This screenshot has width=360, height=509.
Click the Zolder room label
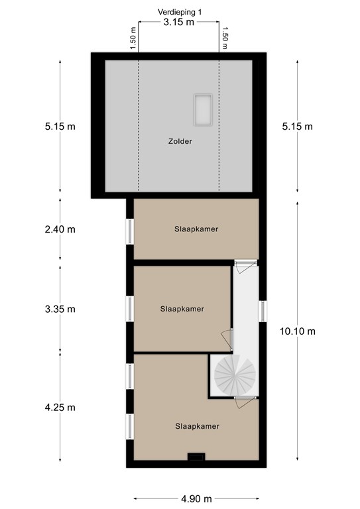[x=180, y=141]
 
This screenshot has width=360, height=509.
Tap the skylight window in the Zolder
[x=204, y=110]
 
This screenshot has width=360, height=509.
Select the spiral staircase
[x=235, y=375]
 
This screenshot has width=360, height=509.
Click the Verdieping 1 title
[x=180, y=12]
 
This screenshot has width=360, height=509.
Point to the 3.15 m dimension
[x=179, y=22]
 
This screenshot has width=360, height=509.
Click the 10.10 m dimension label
[x=298, y=331]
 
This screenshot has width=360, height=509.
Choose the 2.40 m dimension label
[x=60, y=229]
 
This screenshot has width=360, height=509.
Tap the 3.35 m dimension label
[x=60, y=309]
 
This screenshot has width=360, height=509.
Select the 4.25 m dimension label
[x=60, y=408]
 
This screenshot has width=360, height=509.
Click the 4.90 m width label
[x=196, y=498]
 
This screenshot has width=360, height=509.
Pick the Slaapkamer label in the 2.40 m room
[x=196, y=229]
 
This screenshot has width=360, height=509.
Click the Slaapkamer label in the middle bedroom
[x=182, y=309]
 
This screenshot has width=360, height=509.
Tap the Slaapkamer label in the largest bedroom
[x=198, y=426]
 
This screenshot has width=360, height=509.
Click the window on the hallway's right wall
[x=263, y=311]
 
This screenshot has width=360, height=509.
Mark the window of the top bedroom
[x=130, y=231]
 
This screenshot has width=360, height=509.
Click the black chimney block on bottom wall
[x=196, y=457]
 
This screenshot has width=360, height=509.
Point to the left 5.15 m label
[x=60, y=127]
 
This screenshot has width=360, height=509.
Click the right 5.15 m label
[x=298, y=127]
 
